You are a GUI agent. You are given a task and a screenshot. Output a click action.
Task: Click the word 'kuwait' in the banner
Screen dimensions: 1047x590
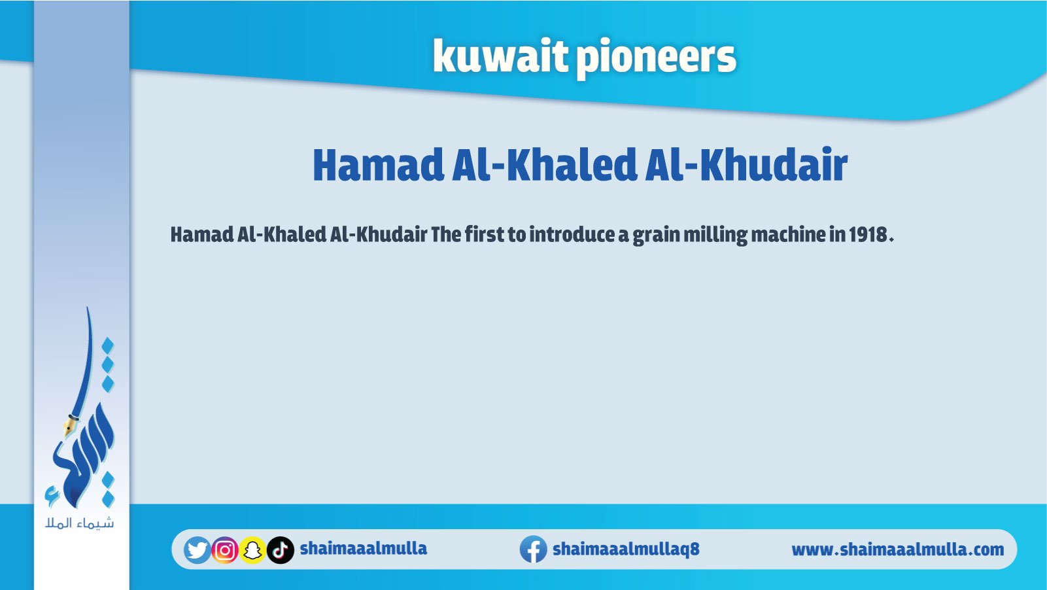tap(500, 56)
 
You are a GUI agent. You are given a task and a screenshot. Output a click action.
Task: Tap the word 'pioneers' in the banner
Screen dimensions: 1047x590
tap(656, 60)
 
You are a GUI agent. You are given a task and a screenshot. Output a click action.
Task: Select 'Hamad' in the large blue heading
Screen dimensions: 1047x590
tap(379, 165)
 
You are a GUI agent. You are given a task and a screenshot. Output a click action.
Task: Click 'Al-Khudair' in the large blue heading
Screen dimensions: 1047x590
tap(746, 165)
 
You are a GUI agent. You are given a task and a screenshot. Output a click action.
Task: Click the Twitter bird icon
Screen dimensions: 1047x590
tap(197, 550)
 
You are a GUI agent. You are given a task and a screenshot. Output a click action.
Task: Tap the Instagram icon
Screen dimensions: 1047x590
tap(225, 550)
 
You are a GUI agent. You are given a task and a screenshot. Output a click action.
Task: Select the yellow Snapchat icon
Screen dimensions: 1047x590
tap(252, 550)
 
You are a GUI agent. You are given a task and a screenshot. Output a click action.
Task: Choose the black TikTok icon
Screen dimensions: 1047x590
tap(281, 550)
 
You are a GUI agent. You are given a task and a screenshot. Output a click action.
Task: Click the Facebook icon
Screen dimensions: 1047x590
tap(534, 549)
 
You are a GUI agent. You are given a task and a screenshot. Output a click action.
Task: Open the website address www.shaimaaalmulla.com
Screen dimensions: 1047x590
tap(898, 550)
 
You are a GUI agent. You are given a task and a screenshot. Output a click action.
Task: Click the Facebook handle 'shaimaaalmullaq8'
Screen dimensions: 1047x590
tap(626, 549)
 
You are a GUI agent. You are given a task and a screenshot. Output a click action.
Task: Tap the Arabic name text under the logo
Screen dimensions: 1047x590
tap(80, 523)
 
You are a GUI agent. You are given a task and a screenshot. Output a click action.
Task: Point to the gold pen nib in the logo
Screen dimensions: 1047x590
tap(69, 426)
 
